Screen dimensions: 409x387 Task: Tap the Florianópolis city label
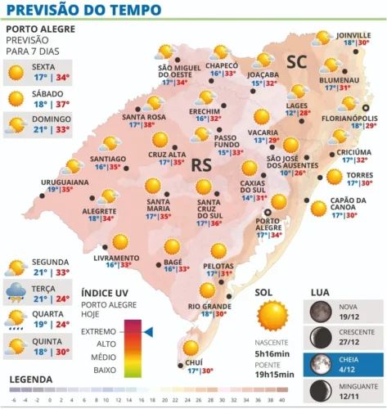(348, 117)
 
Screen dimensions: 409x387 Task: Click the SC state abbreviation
(295, 62)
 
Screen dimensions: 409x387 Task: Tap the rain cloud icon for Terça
(16, 293)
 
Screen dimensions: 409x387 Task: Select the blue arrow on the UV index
(149, 331)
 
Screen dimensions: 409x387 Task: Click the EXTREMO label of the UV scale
(98, 331)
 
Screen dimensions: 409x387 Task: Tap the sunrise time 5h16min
(273, 353)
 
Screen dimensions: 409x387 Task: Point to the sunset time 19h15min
(273, 373)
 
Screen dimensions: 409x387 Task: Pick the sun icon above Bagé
(172, 246)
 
